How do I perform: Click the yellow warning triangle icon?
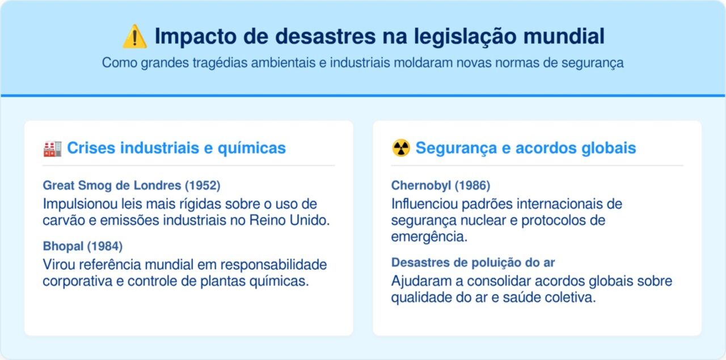pos(134,37)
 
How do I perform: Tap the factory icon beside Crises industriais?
pos(52,149)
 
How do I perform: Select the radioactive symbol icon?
pos(400,149)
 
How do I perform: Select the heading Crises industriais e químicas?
pos(176,149)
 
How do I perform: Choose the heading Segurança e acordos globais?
pos(525,149)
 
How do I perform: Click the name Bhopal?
pos(62,246)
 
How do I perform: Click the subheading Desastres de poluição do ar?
pos(472,262)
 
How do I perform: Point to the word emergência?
pos(429,237)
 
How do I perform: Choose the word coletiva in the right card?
pos(573,298)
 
